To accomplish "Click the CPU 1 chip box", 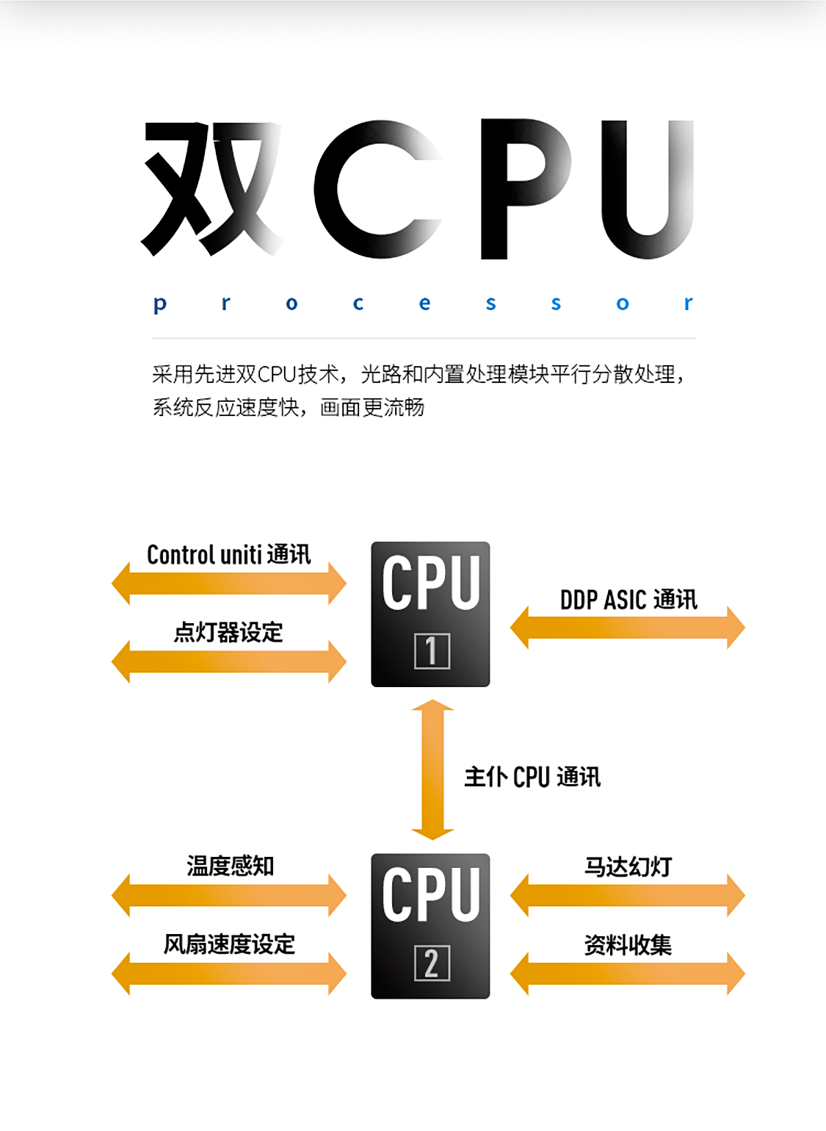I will [x=430, y=614].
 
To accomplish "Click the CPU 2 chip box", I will [x=430, y=925].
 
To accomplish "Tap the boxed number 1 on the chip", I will [x=432, y=650].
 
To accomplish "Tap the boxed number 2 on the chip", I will [x=432, y=963].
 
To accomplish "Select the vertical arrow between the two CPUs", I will [x=432, y=769].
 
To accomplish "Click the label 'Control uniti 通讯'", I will [x=228, y=555].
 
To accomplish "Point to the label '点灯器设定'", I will [x=228, y=632].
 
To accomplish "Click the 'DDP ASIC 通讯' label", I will [x=628, y=600].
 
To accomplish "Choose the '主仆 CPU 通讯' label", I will [x=532, y=777].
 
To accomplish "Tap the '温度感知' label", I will [x=230, y=866].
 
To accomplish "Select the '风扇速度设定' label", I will [x=229, y=944].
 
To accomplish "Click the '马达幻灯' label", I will [x=628, y=866].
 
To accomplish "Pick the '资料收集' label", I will [x=628, y=945].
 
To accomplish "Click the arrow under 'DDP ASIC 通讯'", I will [x=628, y=628].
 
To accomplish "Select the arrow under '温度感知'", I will [x=228, y=895].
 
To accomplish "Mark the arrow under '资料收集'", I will [x=628, y=974].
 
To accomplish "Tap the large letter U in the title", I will [x=647, y=189].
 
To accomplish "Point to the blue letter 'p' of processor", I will [x=160, y=304].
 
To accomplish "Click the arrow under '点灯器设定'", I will [x=228, y=661].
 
